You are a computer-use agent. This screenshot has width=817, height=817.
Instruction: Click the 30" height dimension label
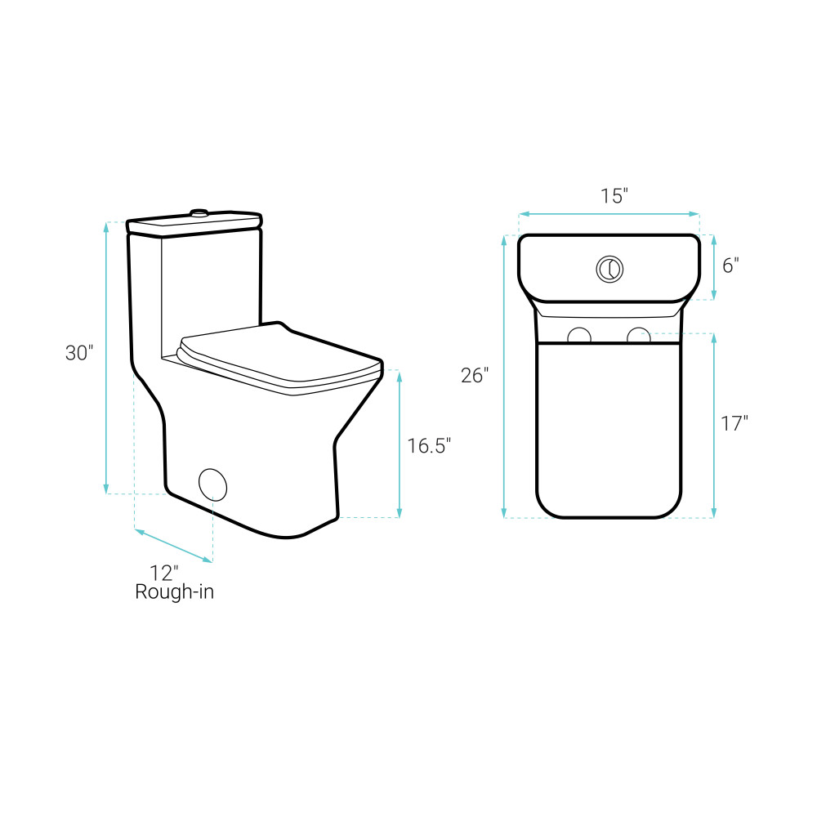click(79, 353)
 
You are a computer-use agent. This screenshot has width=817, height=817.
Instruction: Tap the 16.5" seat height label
click(429, 446)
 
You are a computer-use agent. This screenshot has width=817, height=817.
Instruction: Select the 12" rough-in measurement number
click(164, 574)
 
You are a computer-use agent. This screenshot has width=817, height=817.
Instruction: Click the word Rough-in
click(175, 592)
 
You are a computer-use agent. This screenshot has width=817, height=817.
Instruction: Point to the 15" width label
click(614, 196)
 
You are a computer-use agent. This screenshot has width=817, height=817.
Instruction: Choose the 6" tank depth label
click(730, 266)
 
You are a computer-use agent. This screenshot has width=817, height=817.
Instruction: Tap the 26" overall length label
click(475, 375)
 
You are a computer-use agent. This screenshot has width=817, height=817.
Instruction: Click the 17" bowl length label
click(734, 423)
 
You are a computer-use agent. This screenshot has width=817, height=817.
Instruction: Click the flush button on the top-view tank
click(609, 270)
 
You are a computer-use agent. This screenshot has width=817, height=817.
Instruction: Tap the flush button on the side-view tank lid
click(199, 212)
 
